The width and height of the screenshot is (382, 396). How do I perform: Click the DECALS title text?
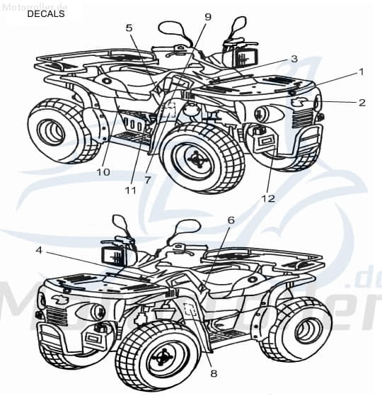coord(45,13)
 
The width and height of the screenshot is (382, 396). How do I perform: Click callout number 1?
coord(361,72)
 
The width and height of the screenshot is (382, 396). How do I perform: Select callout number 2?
coord(361,103)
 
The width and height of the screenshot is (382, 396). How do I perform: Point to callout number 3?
coord(294,58)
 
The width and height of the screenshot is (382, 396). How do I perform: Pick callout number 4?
coord(39,250)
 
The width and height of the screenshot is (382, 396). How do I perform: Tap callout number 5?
coord(129,28)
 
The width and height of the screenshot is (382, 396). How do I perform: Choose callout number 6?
coord(230,220)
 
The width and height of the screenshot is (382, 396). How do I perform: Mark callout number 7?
coord(147,180)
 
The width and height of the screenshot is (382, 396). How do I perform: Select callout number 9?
coord(207,16)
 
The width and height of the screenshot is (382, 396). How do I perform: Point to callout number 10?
coord(103,171)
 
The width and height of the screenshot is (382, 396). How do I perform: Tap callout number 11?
coord(128,190)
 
